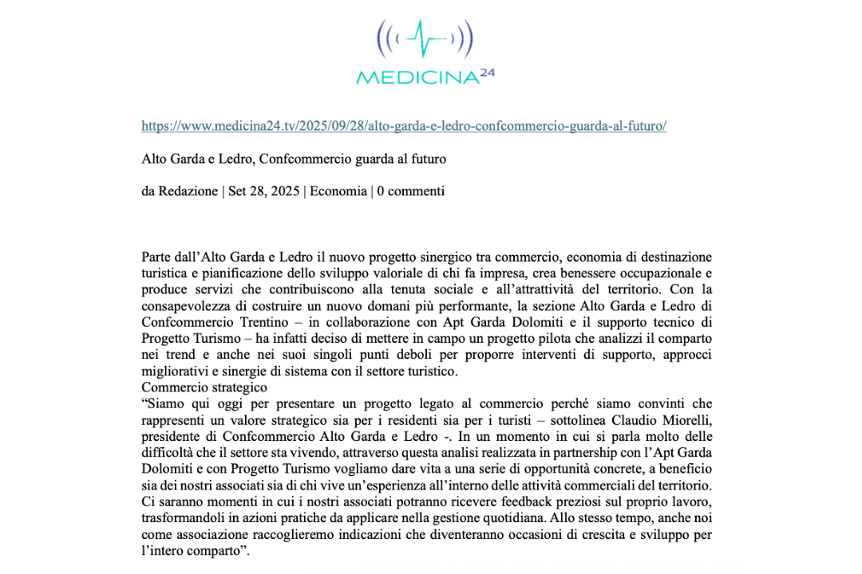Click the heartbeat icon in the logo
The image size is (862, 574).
(x=425, y=37)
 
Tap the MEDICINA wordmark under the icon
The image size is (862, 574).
(x=416, y=77)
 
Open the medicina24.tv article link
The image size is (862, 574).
(x=404, y=126)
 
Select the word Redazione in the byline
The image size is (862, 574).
(x=188, y=191)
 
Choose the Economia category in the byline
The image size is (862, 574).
(x=338, y=191)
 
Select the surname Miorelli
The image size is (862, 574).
(x=686, y=419)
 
